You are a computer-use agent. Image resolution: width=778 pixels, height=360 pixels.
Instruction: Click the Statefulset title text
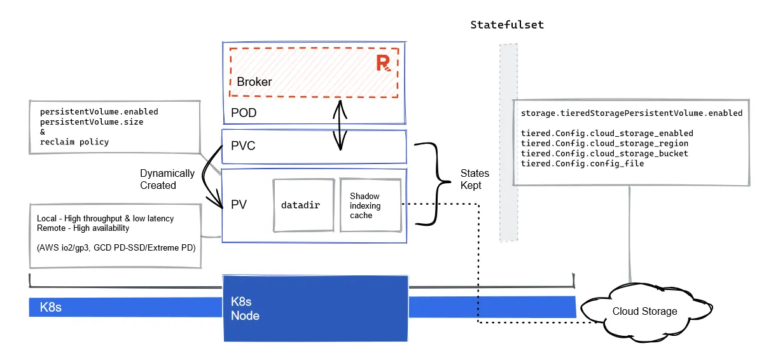pos(507,25)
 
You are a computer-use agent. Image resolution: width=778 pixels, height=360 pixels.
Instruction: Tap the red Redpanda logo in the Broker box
pos(383,63)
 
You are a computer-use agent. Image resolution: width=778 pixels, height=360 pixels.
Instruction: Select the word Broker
pos(254,81)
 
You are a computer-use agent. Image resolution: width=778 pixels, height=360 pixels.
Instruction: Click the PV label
pos(239,205)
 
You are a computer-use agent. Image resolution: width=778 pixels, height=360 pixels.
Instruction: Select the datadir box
pos(303,205)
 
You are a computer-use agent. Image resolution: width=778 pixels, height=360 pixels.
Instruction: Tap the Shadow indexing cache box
pos(370,205)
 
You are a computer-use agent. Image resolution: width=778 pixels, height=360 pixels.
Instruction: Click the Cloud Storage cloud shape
pos(644,311)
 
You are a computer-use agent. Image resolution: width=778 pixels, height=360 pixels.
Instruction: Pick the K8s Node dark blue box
pos(315,308)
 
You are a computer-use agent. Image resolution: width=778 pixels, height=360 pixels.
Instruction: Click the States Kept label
pos(475,179)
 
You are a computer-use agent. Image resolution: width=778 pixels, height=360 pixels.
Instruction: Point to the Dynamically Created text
pos(167,179)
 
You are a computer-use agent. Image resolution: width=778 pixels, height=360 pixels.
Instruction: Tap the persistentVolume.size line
pos(92,121)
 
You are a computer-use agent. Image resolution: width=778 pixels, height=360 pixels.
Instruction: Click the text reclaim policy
pos(74,142)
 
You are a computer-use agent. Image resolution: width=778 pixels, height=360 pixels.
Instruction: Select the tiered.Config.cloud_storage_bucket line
pos(604,153)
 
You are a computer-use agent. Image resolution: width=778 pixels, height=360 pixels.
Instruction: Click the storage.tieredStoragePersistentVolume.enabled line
pos(631,113)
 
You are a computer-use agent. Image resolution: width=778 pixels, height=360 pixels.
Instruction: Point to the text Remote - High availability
pos(83,228)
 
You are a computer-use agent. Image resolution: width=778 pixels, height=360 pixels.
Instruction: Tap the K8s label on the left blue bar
pos(50,307)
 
